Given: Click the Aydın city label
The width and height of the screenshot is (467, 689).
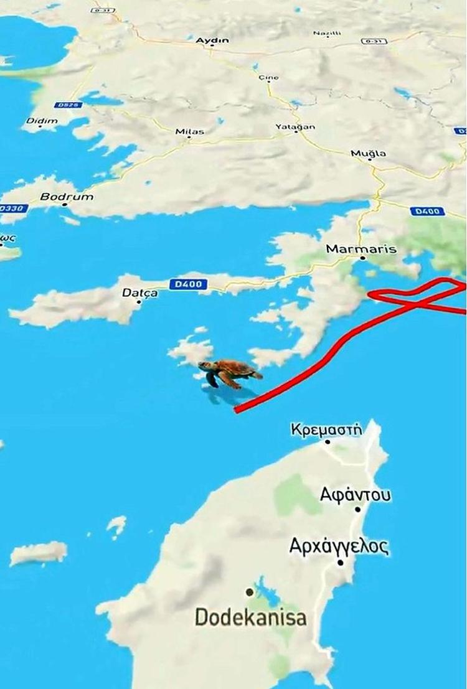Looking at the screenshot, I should (x=212, y=40).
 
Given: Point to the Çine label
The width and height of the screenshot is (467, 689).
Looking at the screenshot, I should (x=268, y=78).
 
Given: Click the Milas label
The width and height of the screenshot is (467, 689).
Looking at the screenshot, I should (x=189, y=132).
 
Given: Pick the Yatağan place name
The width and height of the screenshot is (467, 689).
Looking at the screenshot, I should (x=295, y=127).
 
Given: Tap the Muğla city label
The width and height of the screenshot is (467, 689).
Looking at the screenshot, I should (x=368, y=153).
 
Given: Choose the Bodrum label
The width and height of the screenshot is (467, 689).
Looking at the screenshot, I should (x=67, y=197).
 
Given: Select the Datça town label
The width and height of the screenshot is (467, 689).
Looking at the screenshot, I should (x=139, y=293).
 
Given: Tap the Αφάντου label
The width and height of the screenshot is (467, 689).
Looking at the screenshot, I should (x=356, y=495).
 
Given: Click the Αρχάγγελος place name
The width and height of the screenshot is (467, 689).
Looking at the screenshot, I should (x=339, y=546).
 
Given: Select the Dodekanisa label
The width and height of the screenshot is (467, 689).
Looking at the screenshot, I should (x=250, y=617).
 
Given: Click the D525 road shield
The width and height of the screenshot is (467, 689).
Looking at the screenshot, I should (x=68, y=105).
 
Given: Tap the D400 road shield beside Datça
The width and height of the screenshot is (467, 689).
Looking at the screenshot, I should (x=187, y=284).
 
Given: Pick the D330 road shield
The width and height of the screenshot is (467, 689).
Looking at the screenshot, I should (x=12, y=209).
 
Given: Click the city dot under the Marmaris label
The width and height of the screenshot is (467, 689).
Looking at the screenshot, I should (x=362, y=257).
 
